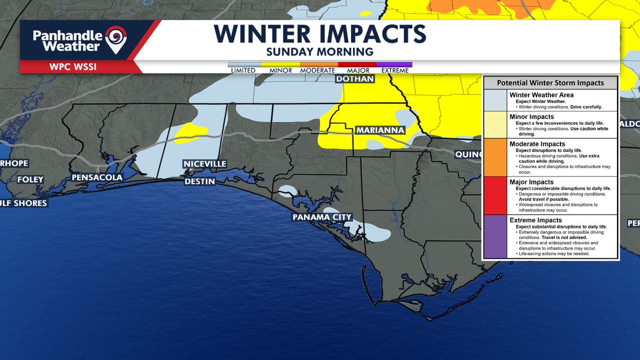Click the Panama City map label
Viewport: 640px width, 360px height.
[322, 217]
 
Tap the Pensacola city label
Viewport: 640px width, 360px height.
[98, 178]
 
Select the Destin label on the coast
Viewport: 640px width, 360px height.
[199, 181]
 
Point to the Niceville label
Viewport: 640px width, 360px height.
[205, 164]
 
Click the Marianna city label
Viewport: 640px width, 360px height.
[380, 130]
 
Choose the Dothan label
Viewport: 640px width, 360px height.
[354, 79]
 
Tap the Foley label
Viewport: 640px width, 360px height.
[30, 180]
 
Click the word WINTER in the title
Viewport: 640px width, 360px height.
[265, 34]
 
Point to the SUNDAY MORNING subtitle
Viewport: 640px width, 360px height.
[320, 52]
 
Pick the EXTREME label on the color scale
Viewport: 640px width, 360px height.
[395, 70]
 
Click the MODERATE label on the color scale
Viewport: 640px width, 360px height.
[318, 70]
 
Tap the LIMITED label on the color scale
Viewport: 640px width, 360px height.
[243, 70]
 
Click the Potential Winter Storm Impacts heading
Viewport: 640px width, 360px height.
[550, 83]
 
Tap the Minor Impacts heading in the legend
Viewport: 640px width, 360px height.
[532, 117]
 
